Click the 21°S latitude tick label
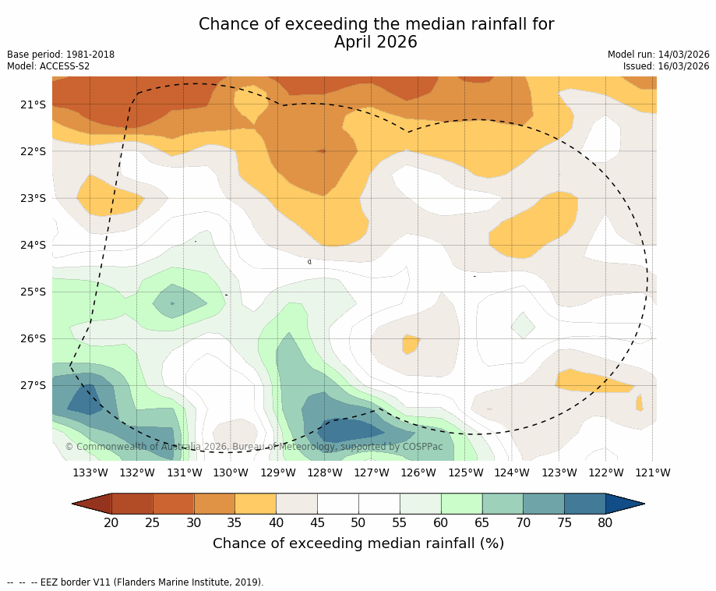[x=33, y=104]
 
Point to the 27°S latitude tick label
[x=33, y=385]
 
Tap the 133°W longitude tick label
[x=90, y=472]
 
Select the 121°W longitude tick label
[x=653, y=472]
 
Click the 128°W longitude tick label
[x=325, y=472]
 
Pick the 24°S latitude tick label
[x=33, y=245]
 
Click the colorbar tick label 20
[x=111, y=522]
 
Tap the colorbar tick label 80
[x=605, y=522]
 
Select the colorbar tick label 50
[x=358, y=522]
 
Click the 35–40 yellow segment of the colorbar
[x=256, y=504]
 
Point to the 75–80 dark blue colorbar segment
[x=584, y=504]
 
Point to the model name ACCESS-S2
[x=64, y=66]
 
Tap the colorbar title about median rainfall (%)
[x=358, y=543]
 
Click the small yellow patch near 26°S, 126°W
[x=410, y=343]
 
